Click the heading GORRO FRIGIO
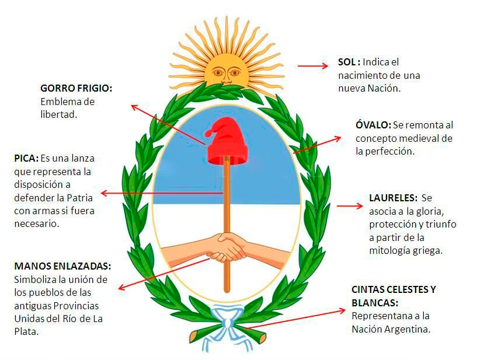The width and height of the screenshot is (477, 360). [76, 88]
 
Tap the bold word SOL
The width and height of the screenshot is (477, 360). [349, 62]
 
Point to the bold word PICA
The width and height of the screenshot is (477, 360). [26, 158]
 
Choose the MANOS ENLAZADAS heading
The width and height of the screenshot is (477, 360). [62, 266]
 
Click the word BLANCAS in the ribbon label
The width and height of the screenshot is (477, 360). [375, 303]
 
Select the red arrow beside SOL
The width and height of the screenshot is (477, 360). [313, 66]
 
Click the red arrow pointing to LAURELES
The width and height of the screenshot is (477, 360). [350, 205]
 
